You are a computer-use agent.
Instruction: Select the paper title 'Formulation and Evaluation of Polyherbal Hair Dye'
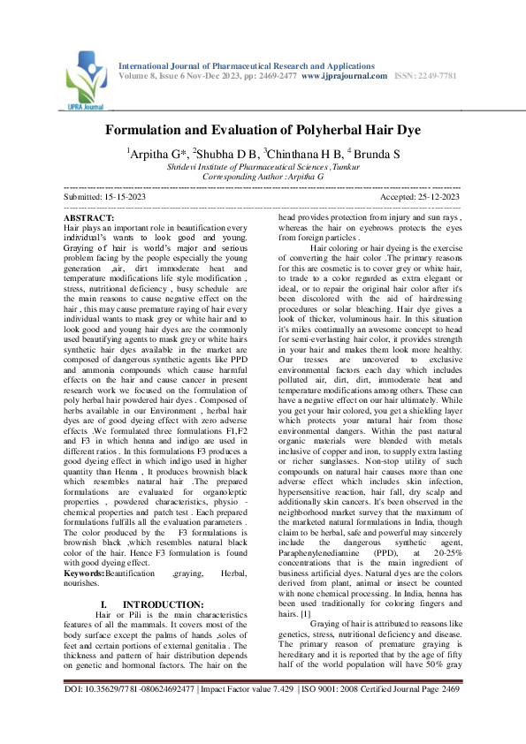point(263,130)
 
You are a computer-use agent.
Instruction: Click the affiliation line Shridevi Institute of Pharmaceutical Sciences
point(263,166)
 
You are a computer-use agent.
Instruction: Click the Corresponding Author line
point(263,177)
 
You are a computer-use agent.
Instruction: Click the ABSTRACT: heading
point(89,216)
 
